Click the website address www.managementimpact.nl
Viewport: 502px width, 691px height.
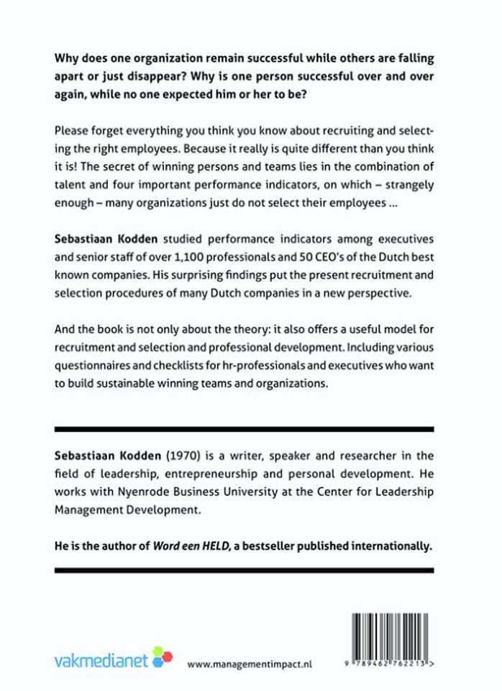point(249,664)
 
